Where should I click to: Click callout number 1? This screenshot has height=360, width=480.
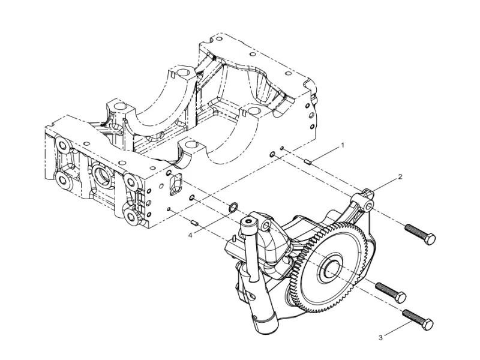point(343,145)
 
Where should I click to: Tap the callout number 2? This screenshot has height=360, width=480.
point(400,178)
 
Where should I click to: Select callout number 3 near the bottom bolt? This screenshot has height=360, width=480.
point(380,338)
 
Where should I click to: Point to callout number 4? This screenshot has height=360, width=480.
point(190,235)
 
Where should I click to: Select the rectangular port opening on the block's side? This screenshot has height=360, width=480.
point(175,185)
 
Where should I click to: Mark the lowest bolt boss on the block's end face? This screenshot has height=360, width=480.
point(128,215)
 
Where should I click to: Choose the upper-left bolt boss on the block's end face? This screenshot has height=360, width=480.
point(60,145)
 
